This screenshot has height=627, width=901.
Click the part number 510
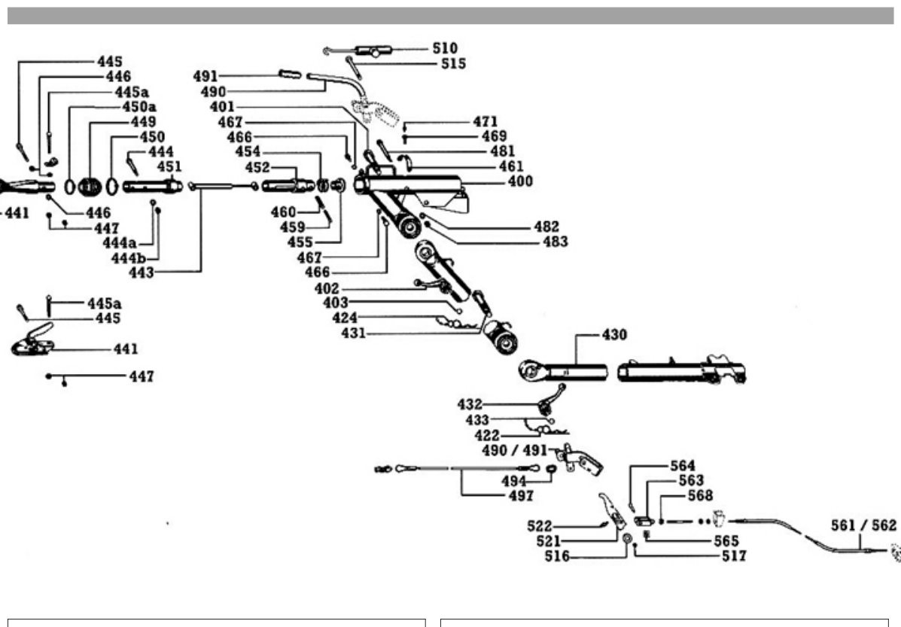[445, 48]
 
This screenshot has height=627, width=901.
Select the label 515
[453, 64]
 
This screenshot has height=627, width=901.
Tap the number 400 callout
[520, 181]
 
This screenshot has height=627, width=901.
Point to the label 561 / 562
[863, 525]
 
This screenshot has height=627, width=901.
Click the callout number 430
[614, 334]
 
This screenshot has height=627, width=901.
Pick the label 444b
[129, 259]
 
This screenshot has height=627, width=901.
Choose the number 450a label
[139, 107]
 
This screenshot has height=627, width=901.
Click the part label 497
[521, 495]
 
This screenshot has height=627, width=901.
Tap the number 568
[700, 495]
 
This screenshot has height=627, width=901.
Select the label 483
[555, 242]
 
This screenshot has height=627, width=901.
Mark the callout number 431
[353, 333]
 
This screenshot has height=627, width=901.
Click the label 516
[557, 556]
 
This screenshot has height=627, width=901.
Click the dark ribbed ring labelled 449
[90, 187]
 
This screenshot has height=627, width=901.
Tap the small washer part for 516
[627, 538]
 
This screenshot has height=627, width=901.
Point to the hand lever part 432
[550, 400]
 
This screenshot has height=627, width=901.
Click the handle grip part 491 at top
[290, 74]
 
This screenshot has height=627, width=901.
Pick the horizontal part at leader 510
[373, 51]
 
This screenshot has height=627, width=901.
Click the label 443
[142, 273]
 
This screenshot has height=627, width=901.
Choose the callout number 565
[726, 541]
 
